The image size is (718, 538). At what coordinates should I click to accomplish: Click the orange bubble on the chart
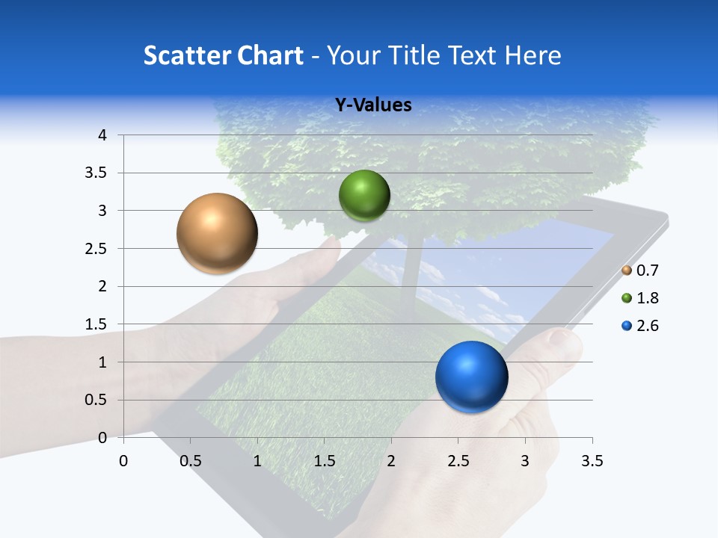coord(217,233)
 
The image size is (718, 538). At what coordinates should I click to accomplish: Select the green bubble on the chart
coord(364,195)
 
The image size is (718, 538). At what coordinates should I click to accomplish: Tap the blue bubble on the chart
coord(471,377)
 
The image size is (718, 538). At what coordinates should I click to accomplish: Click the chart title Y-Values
coord(372,105)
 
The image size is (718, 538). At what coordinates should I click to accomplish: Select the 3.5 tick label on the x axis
coord(592,461)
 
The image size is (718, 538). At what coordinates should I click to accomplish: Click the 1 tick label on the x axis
coord(257,461)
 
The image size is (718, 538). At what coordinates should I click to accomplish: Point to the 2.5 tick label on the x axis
coord(458,461)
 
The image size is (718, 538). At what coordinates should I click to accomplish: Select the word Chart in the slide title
coord(270,55)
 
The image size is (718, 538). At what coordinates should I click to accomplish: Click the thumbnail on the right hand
coord(564,342)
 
